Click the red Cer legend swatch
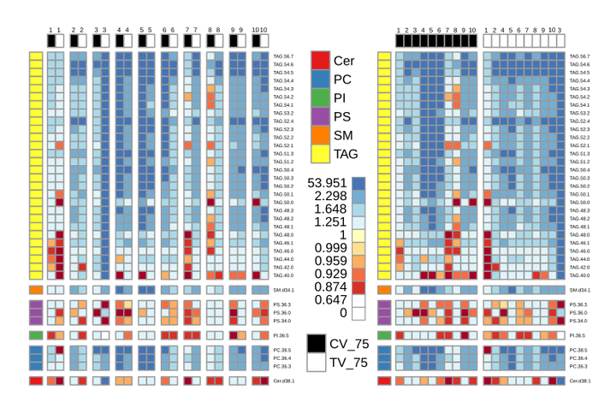coord(320,61)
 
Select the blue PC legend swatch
coord(320,80)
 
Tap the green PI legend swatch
coord(320,98)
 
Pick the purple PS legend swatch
coord(320,116)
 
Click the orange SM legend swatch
coord(320,135)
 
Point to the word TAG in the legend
coord(346,154)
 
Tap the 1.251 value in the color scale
coord(331,221)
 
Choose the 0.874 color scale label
coord(331,286)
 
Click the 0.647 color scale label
coord(331,299)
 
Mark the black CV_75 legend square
coord(317,344)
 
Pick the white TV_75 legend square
coord(317,363)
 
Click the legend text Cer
coord(344,61)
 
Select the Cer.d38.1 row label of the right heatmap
coord(580,381)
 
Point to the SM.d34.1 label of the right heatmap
coord(580,290)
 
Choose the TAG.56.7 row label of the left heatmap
coord(283,56)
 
